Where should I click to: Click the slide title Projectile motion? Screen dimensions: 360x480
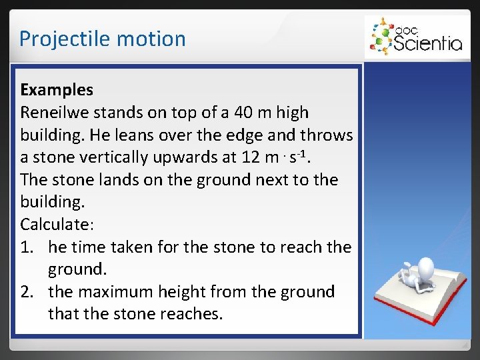point(102,39)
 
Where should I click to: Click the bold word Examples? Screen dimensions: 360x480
point(57,89)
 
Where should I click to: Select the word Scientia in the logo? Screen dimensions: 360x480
point(427,43)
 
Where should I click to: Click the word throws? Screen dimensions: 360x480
point(328,135)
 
